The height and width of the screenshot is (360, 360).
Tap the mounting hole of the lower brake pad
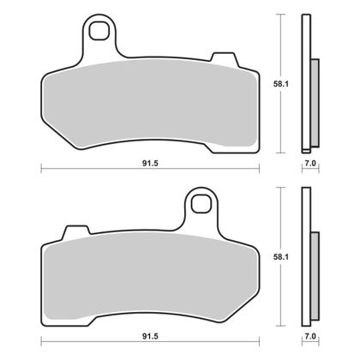202,205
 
